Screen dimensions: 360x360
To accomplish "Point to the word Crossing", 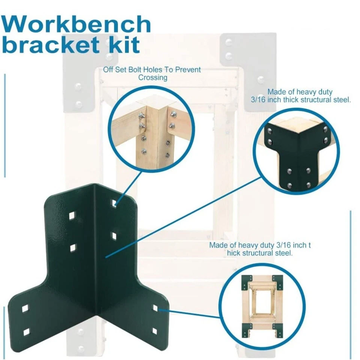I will [153, 78].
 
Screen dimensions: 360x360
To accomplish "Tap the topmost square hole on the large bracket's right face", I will [114, 203].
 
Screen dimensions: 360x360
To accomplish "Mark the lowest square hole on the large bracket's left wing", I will [26, 332].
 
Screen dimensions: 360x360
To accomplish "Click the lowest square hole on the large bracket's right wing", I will [154, 331].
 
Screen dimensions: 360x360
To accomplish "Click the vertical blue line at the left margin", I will [4, 126].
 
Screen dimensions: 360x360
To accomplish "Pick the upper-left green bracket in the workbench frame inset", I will [245, 281].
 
